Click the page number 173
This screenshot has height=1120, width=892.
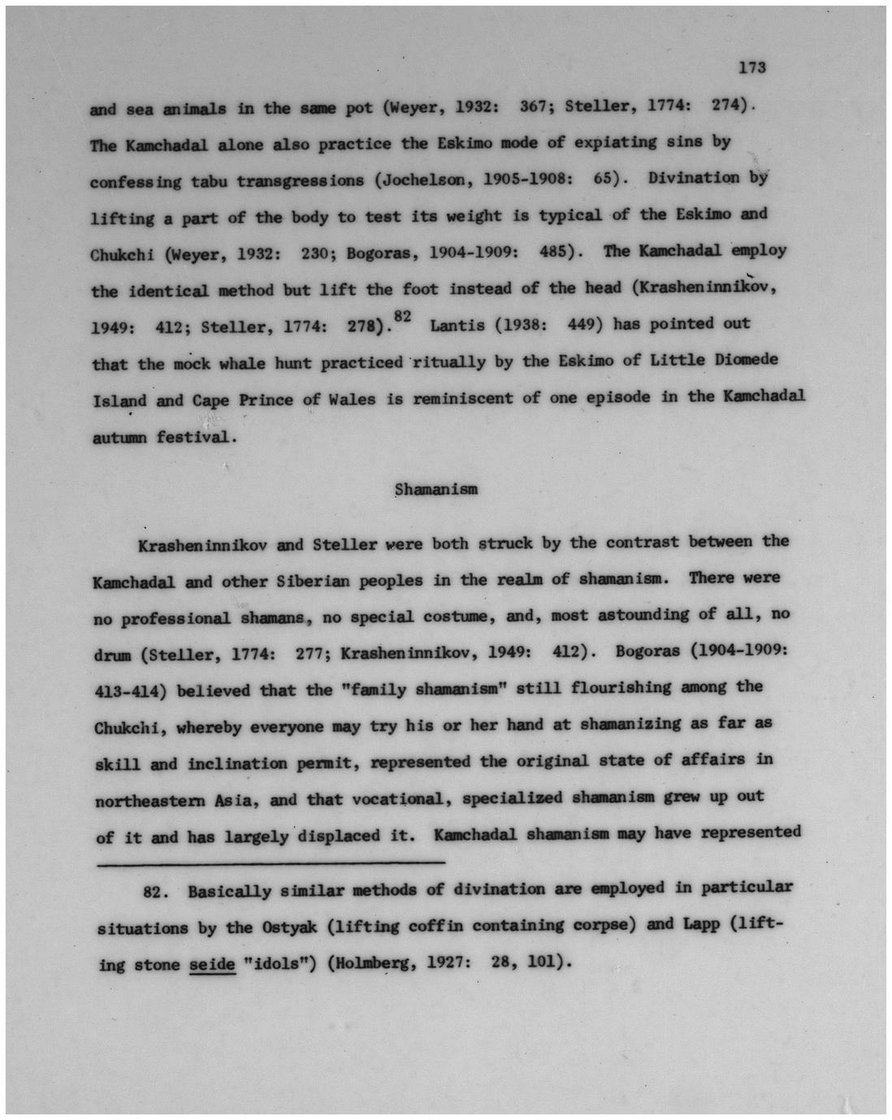pyautogui.click(x=752, y=68)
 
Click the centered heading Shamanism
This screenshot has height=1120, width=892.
pyautogui.click(x=435, y=489)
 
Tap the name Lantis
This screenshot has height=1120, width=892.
pyautogui.click(x=458, y=326)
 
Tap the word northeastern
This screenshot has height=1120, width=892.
pyautogui.click(x=158, y=801)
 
